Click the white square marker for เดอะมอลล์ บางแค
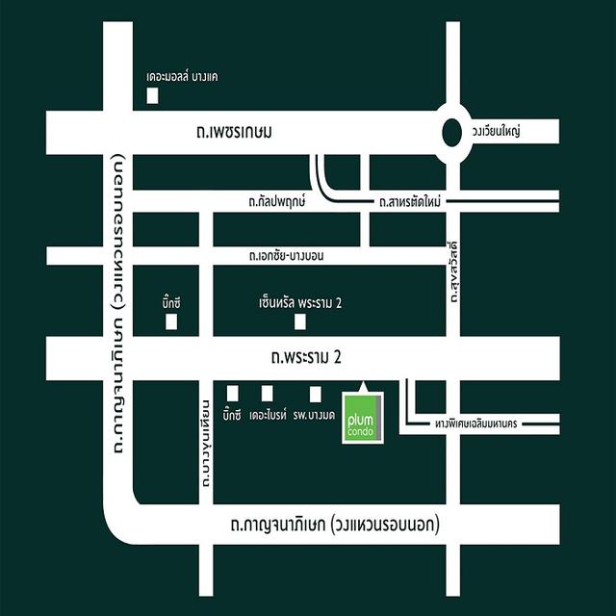click(151, 94)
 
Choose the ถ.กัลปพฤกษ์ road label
click(275, 202)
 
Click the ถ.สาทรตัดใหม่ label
click(411, 202)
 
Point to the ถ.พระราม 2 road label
click(306, 358)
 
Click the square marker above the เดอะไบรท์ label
click(267, 393)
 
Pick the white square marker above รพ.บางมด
click(315, 393)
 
